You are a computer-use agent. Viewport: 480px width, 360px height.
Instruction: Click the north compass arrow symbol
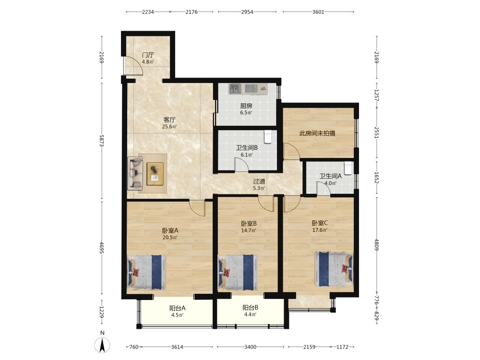(x=102, y=345)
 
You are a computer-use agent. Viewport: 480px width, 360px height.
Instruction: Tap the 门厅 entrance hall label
(x=148, y=55)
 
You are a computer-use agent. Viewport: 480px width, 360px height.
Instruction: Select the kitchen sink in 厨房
(x=235, y=89)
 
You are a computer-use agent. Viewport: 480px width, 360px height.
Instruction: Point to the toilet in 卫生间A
(x=348, y=168)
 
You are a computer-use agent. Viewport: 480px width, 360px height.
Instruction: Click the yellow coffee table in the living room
(x=155, y=174)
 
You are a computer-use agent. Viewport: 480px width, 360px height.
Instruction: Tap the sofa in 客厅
(x=135, y=172)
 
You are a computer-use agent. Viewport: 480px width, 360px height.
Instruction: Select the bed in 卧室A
(x=146, y=272)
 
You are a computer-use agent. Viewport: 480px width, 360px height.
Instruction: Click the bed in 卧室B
(x=237, y=273)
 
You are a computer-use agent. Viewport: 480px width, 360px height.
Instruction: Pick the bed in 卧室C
(x=334, y=269)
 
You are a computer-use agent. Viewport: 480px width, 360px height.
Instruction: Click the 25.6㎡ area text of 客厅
(x=169, y=126)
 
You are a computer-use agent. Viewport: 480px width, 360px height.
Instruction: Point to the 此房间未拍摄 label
(x=317, y=133)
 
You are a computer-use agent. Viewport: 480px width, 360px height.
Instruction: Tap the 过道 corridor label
(x=259, y=181)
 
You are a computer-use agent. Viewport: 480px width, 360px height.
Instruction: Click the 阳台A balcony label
(x=177, y=308)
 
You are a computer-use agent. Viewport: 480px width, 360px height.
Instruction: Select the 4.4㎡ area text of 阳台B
(x=250, y=314)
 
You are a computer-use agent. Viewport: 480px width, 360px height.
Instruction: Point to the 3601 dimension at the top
(x=318, y=12)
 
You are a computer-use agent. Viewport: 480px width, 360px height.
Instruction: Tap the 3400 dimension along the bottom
(x=250, y=347)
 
